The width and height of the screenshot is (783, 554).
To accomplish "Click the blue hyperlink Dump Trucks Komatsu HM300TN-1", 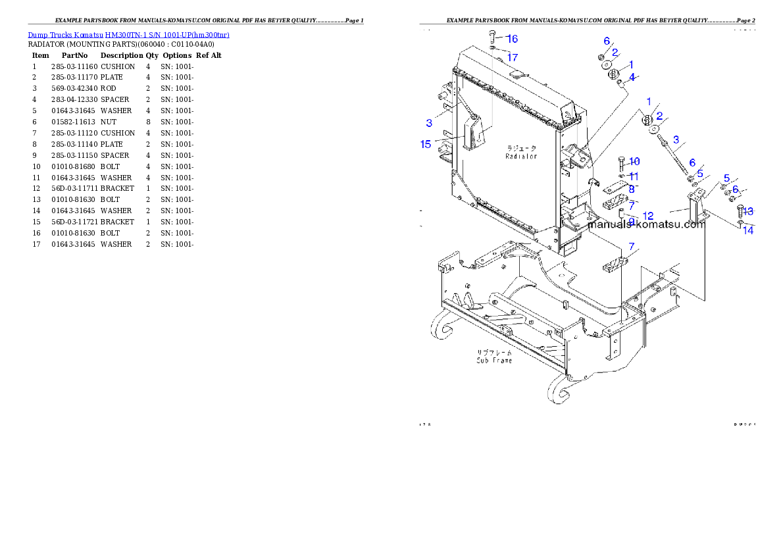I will tap(128, 35).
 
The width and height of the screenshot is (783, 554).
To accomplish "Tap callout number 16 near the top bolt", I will tap(512, 39).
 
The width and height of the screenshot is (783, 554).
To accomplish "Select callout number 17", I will tap(512, 57).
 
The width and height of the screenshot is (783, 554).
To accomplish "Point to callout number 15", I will tap(426, 145).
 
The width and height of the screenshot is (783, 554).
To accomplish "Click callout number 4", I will tap(632, 78).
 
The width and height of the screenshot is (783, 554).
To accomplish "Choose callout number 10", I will tap(634, 162).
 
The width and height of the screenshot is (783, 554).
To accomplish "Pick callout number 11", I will tap(633, 176).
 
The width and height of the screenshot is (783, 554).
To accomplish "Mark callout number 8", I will tap(632, 189).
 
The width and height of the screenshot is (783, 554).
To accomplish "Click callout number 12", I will tap(648, 216).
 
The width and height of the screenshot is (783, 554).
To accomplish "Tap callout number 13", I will tap(748, 212).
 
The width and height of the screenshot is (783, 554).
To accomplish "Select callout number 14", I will tap(748, 230).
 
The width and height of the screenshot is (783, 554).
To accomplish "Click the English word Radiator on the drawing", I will tap(521, 157).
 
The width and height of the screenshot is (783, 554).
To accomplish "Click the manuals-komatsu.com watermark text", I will tap(646, 224).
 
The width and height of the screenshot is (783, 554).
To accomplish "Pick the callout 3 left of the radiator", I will tap(429, 123).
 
